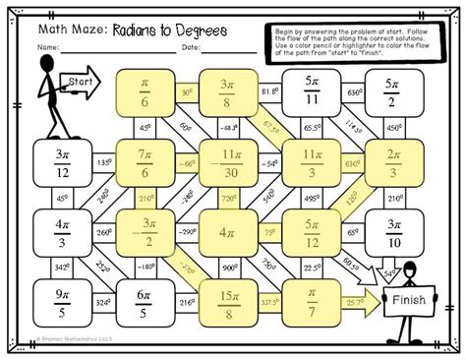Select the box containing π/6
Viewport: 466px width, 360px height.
pos(146,94)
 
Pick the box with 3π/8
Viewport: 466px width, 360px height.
pos(228,94)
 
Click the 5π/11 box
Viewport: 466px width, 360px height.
pos(312,94)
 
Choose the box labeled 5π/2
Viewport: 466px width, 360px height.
pos(393,94)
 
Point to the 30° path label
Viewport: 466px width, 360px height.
pos(187,92)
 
